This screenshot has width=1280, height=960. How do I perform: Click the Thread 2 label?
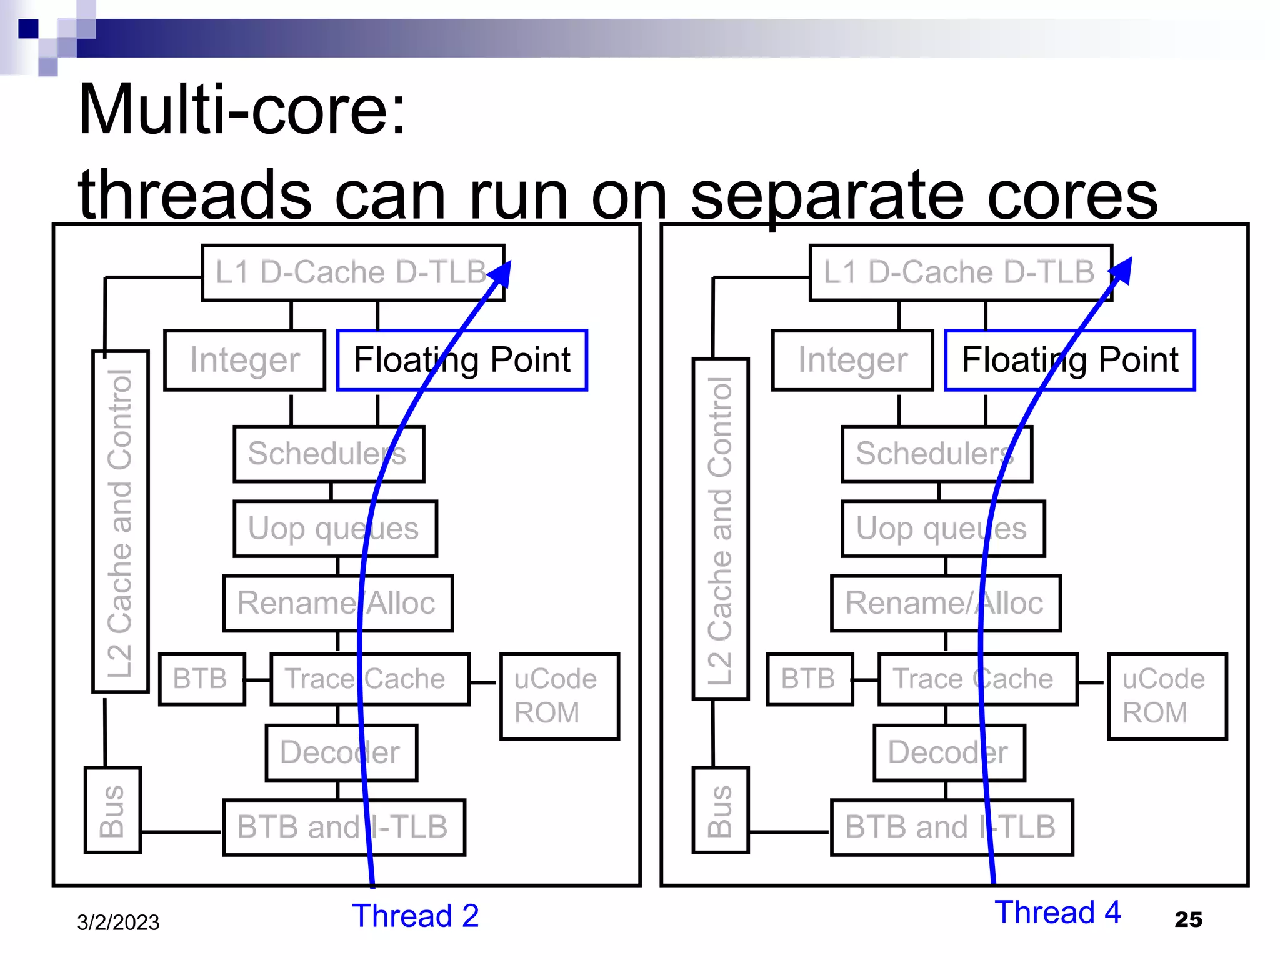pyautogui.click(x=415, y=916)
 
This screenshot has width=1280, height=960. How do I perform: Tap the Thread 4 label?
pyautogui.click(x=1057, y=912)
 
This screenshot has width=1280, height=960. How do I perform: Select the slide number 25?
pyautogui.click(x=1188, y=919)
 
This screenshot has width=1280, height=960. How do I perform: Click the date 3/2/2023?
pyautogui.click(x=118, y=922)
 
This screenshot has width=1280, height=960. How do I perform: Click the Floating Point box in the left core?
pyautogui.click(x=462, y=360)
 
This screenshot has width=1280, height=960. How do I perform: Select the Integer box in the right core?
pyautogui.click(x=852, y=361)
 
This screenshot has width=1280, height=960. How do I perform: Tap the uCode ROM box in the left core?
pyautogui.click(x=559, y=696)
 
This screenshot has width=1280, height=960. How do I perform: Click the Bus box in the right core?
pyautogui.click(x=720, y=810)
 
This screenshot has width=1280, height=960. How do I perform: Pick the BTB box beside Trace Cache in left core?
pyautogui.click(x=201, y=679)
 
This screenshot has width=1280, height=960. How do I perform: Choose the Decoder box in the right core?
pyautogui.click(x=949, y=752)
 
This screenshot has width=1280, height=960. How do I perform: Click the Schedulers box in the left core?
pyautogui.click(x=328, y=454)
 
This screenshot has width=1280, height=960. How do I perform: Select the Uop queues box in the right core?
pyautogui.click(x=942, y=529)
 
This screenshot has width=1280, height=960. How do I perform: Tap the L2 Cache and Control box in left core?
pyautogui.click(x=120, y=522)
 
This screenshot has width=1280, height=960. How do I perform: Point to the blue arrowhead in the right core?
pyautogui.click(x=1122, y=271)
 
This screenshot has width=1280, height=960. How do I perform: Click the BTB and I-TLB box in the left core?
pyautogui.click(x=343, y=827)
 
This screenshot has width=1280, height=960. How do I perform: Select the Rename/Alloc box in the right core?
pyautogui.click(x=945, y=603)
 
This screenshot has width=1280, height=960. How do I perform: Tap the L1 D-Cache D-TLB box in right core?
pyautogui.click(x=960, y=273)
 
